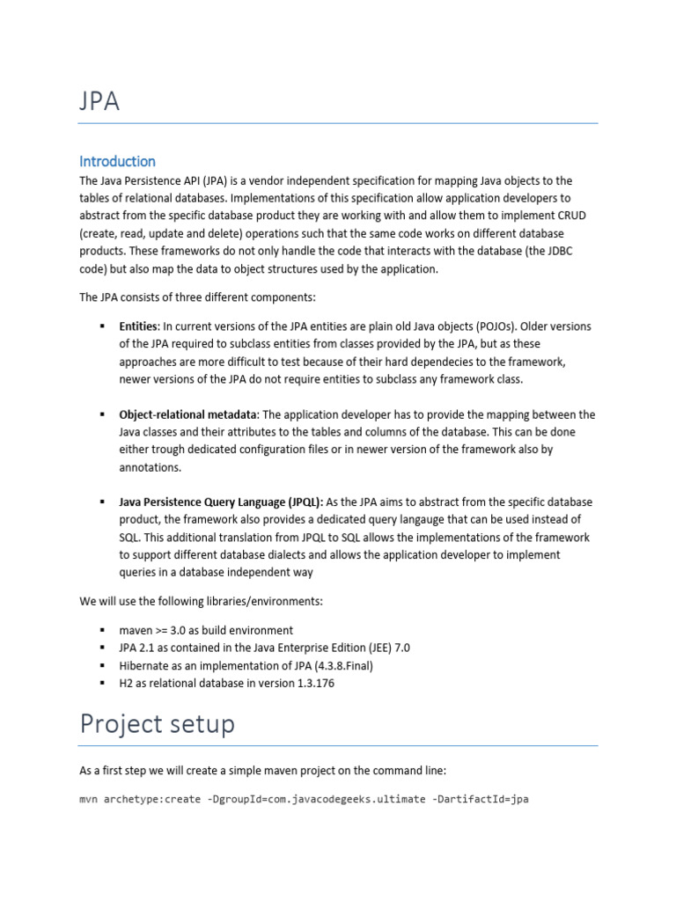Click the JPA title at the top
pyautogui.click(x=99, y=102)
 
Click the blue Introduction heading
pyautogui.click(x=117, y=161)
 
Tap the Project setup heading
pyautogui.click(x=158, y=723)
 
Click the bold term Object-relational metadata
pyautogui.click(x=187, y=414)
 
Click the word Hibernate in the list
pyautogui.click(x=146, y=665)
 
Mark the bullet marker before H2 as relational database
pyautogui.click(x=102, y=683)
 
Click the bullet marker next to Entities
pyautogui.click(x=102, y=326)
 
